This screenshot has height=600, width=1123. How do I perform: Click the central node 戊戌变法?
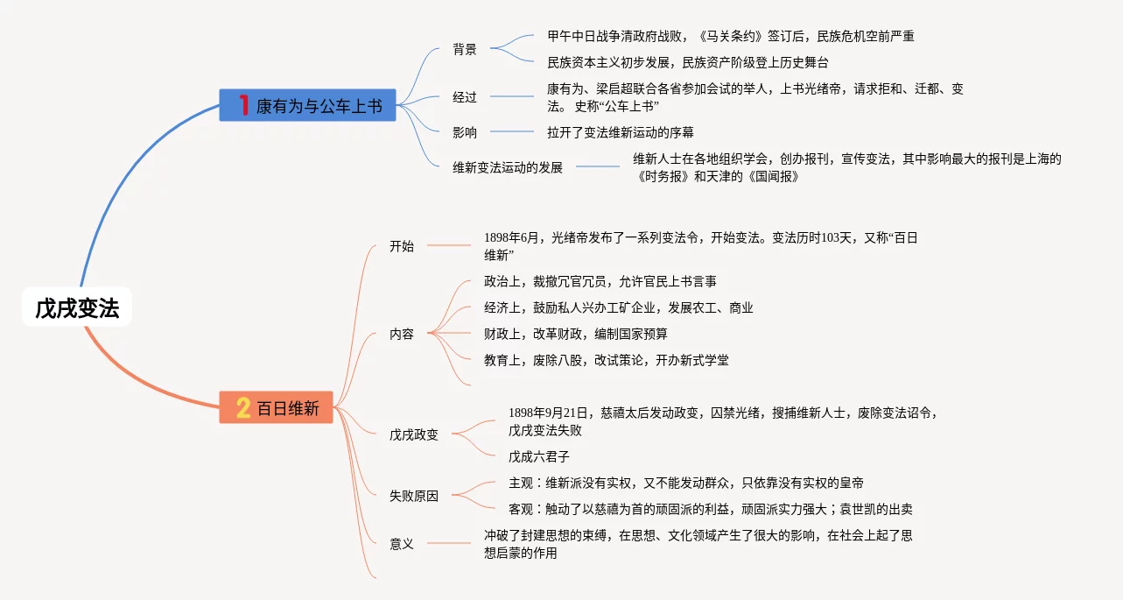(77, 307)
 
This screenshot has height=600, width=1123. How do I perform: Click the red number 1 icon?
(244, 106)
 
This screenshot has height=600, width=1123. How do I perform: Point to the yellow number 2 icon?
(243, 407)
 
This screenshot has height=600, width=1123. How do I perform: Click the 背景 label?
(465, 49)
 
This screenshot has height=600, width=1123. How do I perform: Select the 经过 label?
(465, 97)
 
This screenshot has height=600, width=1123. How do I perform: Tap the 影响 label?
(465, 132)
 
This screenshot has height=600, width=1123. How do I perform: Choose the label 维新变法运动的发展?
(508, 167)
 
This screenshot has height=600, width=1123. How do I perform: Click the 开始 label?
(402, 246)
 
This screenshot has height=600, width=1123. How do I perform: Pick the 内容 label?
(402, 334)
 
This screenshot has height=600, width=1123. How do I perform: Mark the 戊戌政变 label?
(414, 434)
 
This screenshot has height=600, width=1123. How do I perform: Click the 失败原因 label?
(414, 496)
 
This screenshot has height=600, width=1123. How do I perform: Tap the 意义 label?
(402, 544)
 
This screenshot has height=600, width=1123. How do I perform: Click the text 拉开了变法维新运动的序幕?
(621, 132)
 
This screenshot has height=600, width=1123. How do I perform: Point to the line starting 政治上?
(600, 281)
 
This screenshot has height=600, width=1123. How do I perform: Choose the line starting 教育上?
(607, 360)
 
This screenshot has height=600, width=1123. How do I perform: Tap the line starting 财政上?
(576, 334)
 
